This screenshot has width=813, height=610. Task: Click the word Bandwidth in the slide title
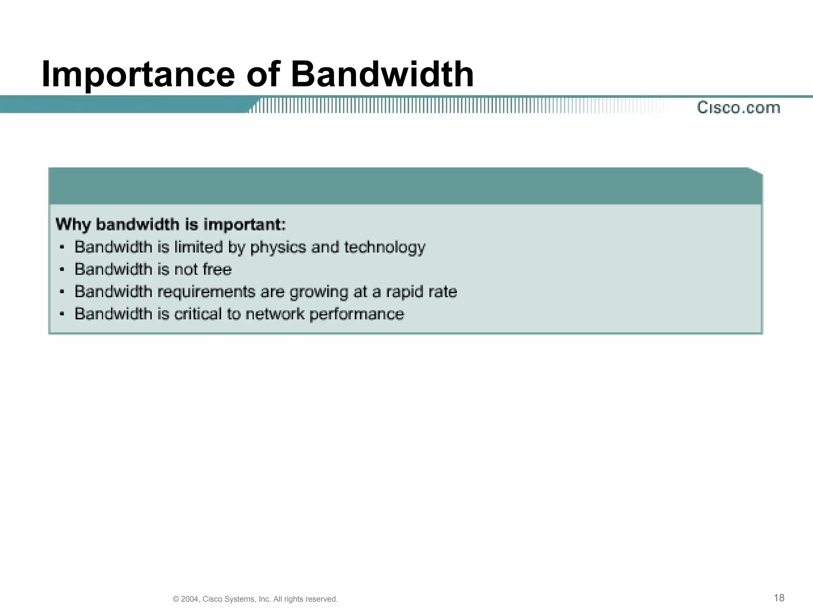[x=382, y=74]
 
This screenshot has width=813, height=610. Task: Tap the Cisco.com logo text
[x=738, y=108]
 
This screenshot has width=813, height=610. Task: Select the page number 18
[x=779, y=598]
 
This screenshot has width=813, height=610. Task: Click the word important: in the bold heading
[x=245, y=225]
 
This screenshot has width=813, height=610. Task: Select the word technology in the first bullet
[x=385, y=247]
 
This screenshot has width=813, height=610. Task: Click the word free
[x=217, y=269]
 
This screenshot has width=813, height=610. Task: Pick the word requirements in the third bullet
[x=207, y=292]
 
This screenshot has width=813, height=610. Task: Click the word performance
[x=356, y=314]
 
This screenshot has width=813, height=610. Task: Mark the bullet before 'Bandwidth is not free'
[x=62, y=270]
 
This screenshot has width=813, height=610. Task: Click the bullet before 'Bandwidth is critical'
[x=62, y=314]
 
